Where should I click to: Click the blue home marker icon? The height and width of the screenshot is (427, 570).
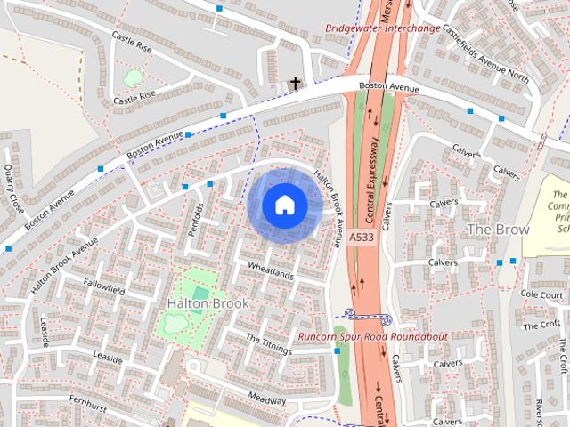[x=284, y=205]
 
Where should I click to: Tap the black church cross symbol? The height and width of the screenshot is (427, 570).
[x=295, y=84]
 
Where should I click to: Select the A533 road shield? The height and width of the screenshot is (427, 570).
[x=362, y=238]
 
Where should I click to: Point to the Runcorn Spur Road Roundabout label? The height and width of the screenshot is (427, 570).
[x=372, y=337]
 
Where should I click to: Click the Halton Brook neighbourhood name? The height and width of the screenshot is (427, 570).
[x=208, y=303]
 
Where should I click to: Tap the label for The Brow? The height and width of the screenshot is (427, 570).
[x=498, y=229]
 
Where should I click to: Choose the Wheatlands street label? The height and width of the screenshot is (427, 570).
[x=271, y=270]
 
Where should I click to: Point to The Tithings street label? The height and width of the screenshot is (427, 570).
[x=268, y=345]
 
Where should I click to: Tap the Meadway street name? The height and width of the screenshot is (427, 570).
[x=266, y=399]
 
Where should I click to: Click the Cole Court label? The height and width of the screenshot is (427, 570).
[x=541, y=294]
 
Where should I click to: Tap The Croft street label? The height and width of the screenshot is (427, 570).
[x=542, y=325]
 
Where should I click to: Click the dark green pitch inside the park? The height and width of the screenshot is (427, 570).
[x=200, y=293]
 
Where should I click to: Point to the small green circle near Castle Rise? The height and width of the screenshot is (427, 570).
[x=132, y=77]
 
